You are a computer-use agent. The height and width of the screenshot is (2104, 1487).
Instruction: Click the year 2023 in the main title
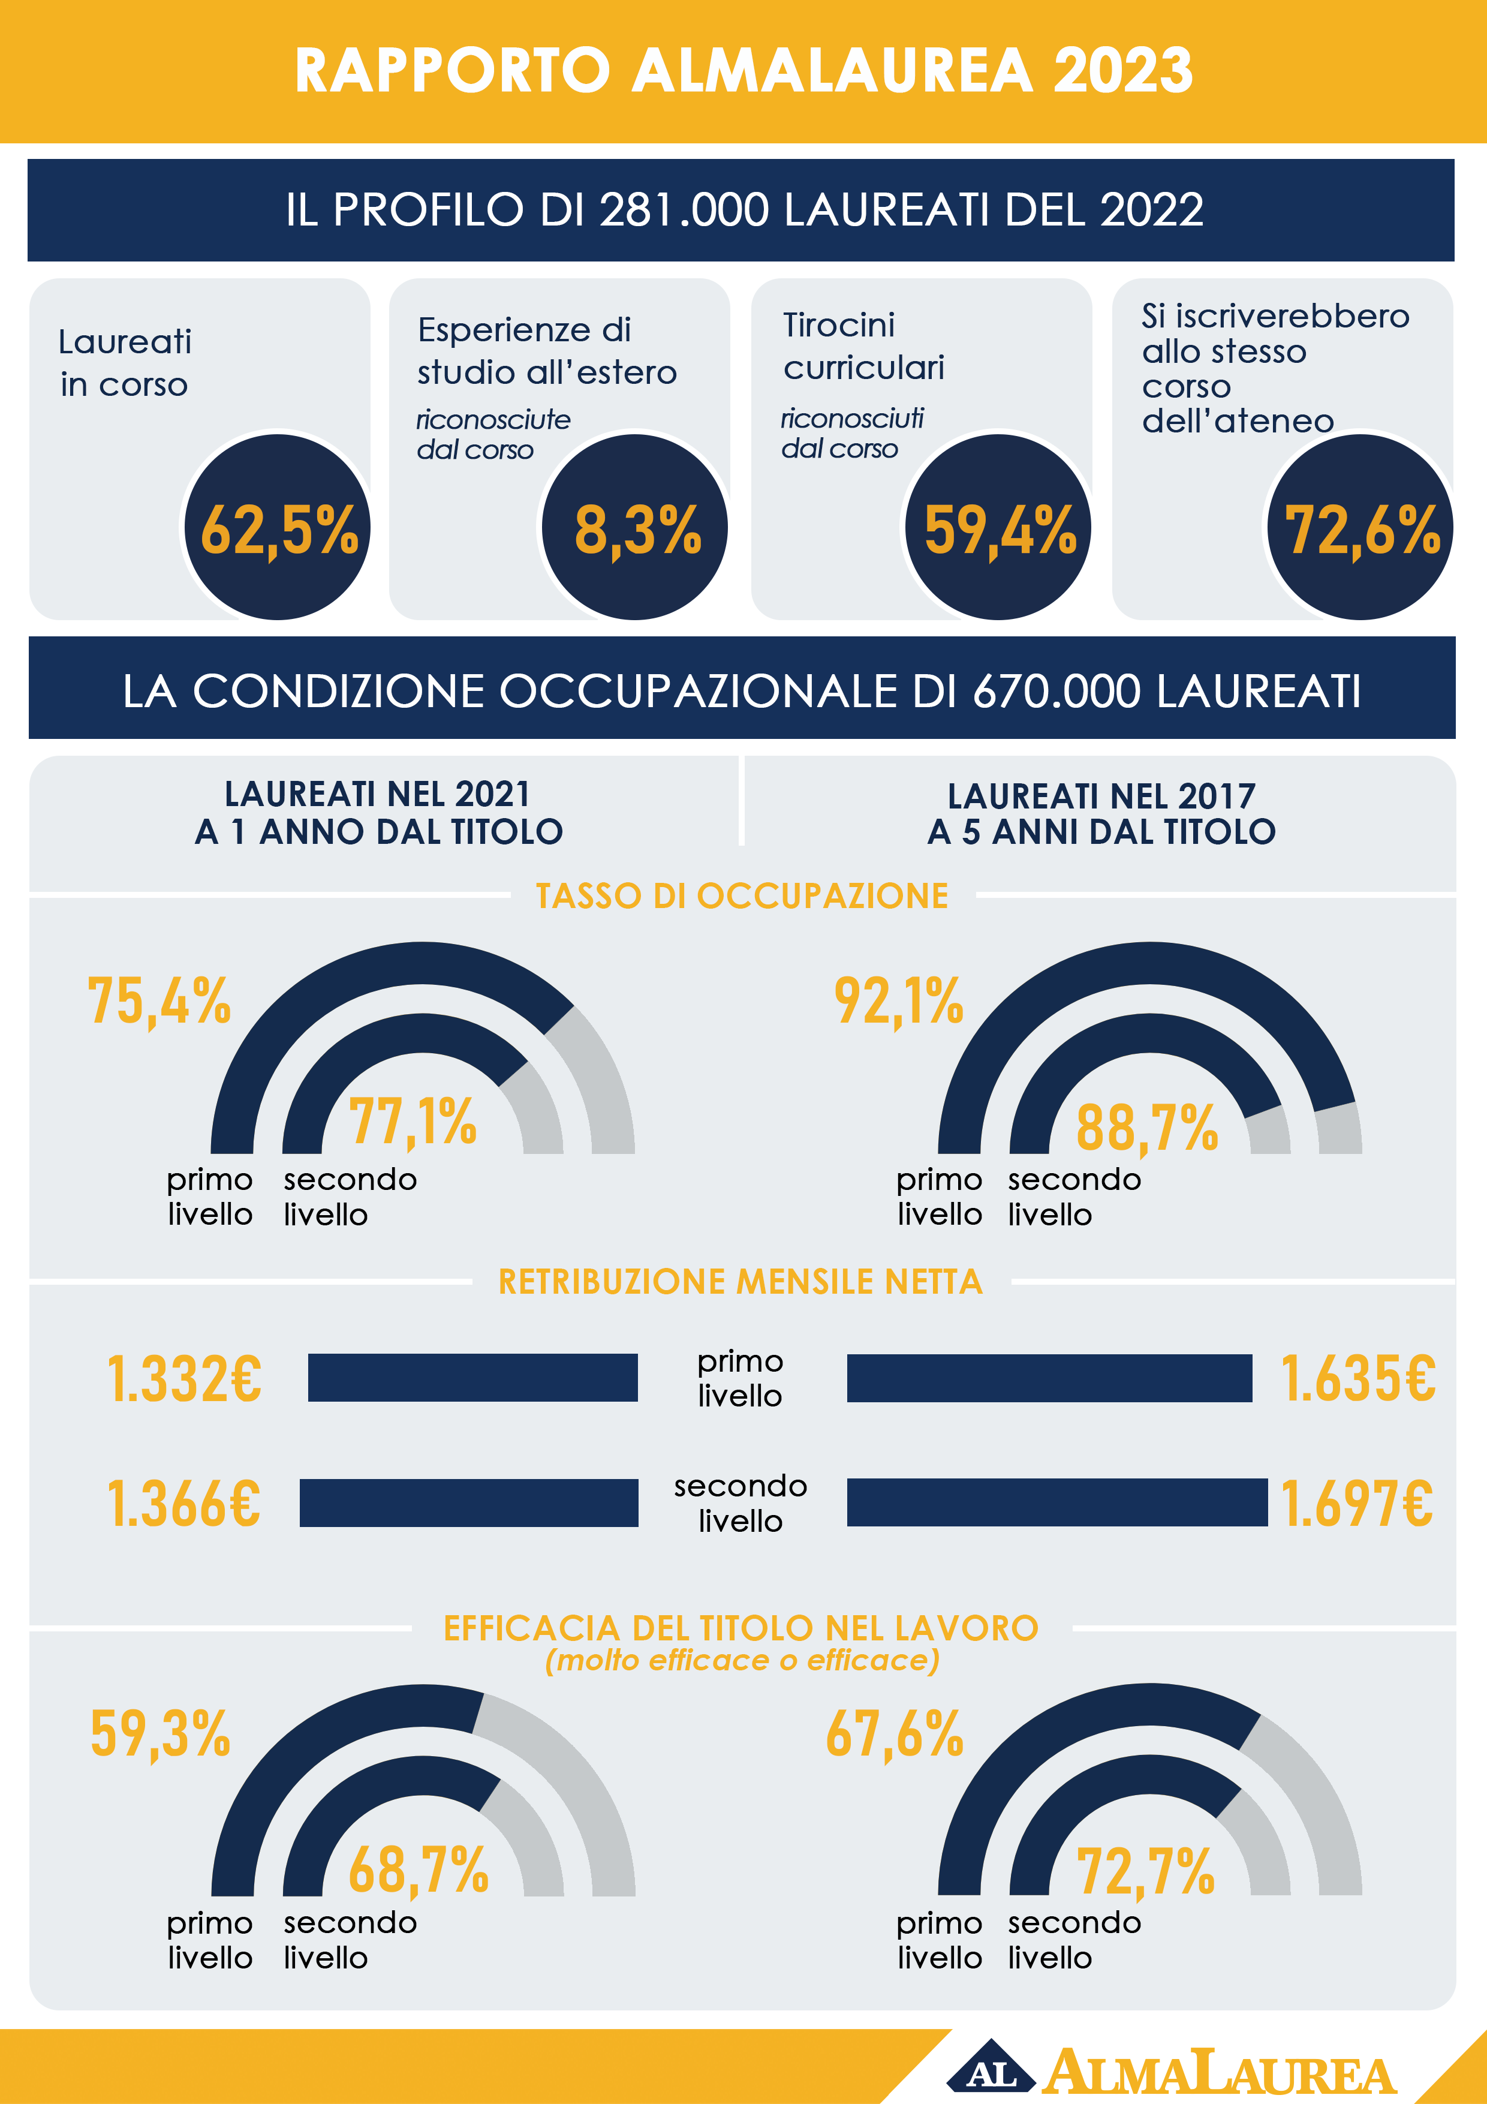[x=1122, y=71]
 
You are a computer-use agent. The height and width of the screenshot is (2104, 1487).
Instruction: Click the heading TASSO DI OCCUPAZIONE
[x=742, y=896]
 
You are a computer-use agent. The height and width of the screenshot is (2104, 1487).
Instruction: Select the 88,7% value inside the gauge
[x=1147, y=1127]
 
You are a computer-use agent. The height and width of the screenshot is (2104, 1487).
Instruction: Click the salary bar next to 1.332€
[x=472, y=1377]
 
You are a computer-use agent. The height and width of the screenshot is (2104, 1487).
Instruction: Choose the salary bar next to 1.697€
[x=1056, y=1502]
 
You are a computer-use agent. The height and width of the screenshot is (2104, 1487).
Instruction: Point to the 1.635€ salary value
[x=1358, y=1378]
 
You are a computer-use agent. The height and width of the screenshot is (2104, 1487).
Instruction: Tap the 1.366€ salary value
[x=184, y=1504]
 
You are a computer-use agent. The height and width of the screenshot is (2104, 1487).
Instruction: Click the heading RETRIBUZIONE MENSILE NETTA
[x=741, y=1281]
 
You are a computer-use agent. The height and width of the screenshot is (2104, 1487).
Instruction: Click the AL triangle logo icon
[x=991, y=2069]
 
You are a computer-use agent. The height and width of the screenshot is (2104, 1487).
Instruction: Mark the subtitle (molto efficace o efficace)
[x=742, y=1661]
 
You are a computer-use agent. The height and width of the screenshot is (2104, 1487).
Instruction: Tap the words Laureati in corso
[x=125, y=363]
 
